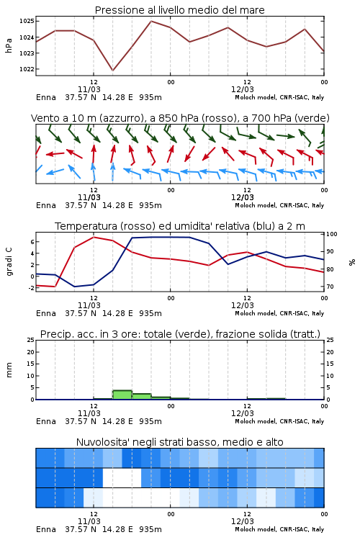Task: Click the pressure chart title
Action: tap(179, 10)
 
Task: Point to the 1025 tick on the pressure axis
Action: tap(27, 22)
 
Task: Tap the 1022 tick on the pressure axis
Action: tap(27, 69)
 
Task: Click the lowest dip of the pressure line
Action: tap(112, 71)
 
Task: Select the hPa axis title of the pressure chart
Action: tap(9, 45)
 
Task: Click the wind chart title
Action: tap(180, 118)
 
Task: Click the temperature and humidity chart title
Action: tap(180, 226)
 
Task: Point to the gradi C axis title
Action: tap(9, 262)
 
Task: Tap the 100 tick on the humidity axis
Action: tap(332, 234)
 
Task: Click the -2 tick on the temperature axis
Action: tap(31, 288)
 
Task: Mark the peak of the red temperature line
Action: tap(94, 238)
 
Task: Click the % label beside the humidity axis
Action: tap(352, 262)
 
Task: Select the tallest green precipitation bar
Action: tap(122, 395)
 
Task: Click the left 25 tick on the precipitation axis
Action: tap(31, 341)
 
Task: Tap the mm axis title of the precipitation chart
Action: tap(9, 370)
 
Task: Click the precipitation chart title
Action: tap(180, 334)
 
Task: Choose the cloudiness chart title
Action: tap(179, 442)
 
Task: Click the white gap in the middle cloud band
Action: tap(122, 477)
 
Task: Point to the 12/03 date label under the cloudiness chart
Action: tap(242, 521)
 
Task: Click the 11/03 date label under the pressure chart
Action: tap(89, 89)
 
